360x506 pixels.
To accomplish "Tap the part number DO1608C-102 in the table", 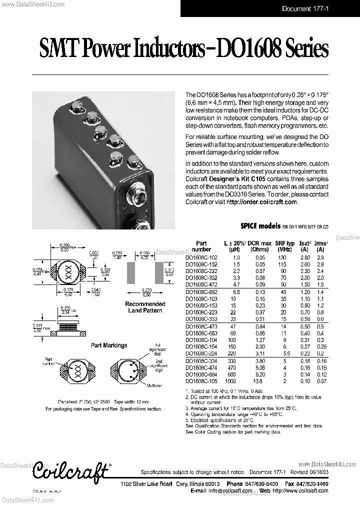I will [x=201, y=257].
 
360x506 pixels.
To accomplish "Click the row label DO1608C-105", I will [x=201, y=381].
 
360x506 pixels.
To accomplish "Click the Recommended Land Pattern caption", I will [x=145, y=307].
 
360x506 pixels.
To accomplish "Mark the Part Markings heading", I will [x=109, y=345].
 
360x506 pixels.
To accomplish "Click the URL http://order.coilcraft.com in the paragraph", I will [x=261, y=202].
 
